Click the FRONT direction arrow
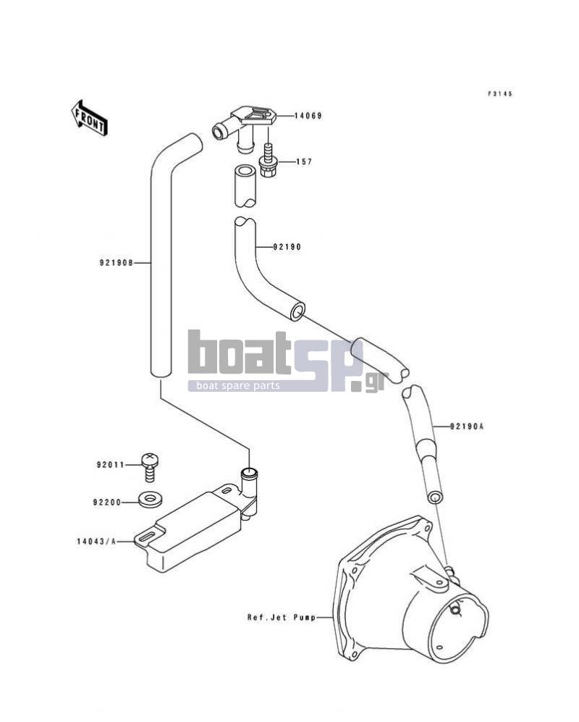click(89, 117)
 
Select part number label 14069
click(308, 116)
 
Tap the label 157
click(304, 161)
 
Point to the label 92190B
click(116, 263)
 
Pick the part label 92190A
click(467, 427)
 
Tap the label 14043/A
click(97, 542)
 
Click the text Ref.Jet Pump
click(282, 617)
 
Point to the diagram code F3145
click(500, 94)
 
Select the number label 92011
click(111, 465)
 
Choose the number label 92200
click(107, 503)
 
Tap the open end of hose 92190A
click(434, 498)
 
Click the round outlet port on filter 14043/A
click(249, 472)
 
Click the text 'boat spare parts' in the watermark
click(238, 386)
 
